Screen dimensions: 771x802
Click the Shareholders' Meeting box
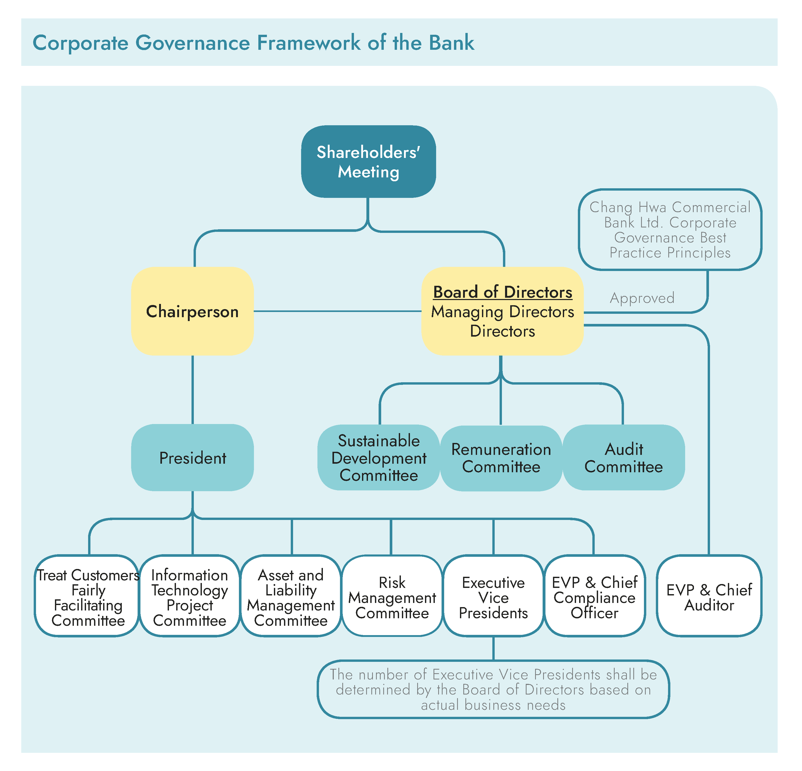[x=368, y=162]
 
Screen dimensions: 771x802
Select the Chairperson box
[x=192, y=311]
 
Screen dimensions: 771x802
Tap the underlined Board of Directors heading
[x=502, y=292]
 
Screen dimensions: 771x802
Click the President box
[x=192, y=457]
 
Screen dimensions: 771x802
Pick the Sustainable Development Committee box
[x=379, y=457]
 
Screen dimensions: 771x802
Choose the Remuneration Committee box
[x=501, y=458]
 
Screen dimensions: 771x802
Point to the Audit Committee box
[x=624, y=457]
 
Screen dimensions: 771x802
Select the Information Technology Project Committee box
[x=189, y=597]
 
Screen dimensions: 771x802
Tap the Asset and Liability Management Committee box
[x=290, y=597]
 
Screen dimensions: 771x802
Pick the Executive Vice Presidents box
[x=493, y=597]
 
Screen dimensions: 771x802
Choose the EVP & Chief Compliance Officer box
[x=594, y=597]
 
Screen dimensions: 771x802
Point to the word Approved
[x=642, y=298]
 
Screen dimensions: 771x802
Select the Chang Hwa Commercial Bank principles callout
[x=670, y=230]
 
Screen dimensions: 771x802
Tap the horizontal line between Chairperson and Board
[x=338, y=311]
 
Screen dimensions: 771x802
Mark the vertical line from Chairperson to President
[x=192, y=389]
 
